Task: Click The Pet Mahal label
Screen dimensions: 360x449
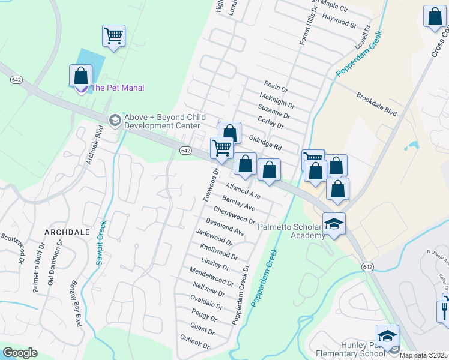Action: (x=118, y=88)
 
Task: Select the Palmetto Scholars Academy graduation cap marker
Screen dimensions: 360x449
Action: (x=334, y=224)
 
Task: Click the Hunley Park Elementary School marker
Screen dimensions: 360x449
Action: (x=387, y=337)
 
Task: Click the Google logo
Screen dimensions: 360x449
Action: (x=20, y=353)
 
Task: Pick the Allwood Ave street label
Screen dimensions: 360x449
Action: (x=243, y=191)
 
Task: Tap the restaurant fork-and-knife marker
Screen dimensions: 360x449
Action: (x=444, y=310)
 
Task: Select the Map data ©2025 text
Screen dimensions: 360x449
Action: (x=424, y=355)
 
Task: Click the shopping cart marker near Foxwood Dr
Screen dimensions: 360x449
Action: (x=222, y=148)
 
